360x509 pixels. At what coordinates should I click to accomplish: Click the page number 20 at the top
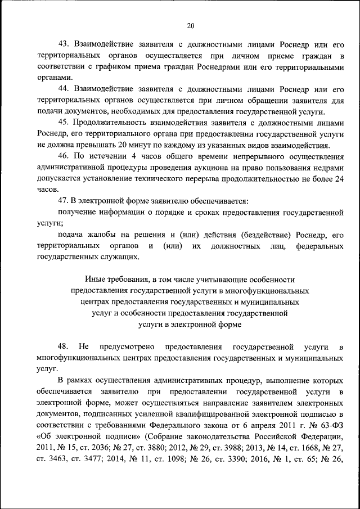coord(190,25)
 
